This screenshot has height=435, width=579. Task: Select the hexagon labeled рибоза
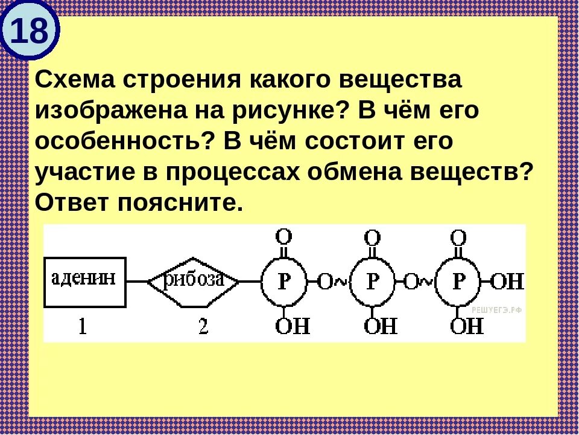(194, 281)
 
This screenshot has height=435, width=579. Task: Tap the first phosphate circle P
(284, 282)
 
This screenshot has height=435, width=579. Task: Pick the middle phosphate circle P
(373, 282)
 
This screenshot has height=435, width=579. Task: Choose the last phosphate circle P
(459, 282)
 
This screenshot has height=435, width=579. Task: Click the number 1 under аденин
(83, 327)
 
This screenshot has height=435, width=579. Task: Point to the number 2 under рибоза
(203, 327)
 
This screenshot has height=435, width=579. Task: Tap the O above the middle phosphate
(373, 236)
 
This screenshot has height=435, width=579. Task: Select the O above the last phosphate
(459, 236)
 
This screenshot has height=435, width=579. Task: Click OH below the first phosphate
(293, 327)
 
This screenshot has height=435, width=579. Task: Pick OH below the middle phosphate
(381, 327)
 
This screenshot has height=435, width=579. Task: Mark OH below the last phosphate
(467, 327)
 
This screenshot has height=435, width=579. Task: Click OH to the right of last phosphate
(508, 282)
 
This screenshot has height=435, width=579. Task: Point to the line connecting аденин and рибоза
(138, 282)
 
